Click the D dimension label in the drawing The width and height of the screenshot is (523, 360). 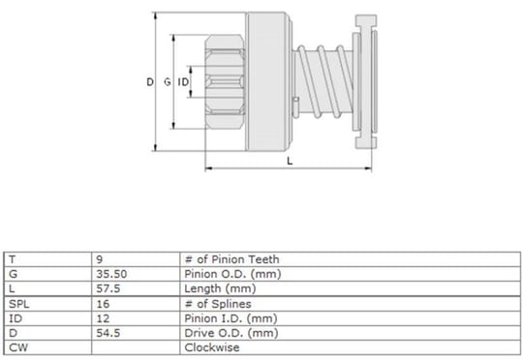pos(150,81)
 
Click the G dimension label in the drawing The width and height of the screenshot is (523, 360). pos(168,81)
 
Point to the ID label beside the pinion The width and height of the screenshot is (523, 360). pos(183,81)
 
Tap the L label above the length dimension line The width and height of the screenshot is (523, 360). pos(290,161)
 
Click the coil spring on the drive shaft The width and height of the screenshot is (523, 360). pos(323,81)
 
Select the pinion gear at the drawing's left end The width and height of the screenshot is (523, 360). pos(225,81)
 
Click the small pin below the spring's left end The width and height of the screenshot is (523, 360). pos(295,107)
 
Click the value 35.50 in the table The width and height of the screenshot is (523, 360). pos(111,274)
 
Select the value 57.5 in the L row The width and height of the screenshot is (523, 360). pos(108,288)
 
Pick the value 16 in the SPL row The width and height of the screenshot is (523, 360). pos(103,304)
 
